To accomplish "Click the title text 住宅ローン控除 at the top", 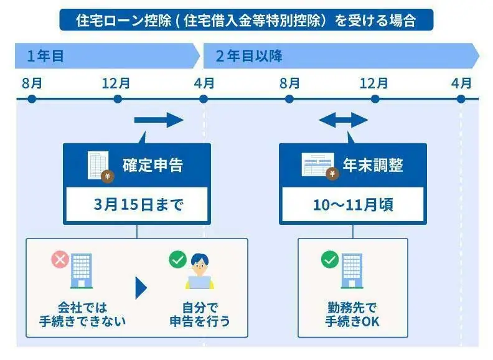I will click(x=247, y=20).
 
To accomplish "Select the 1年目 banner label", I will click(x=45, y=57).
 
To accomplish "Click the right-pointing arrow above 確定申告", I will click(x=159, y=120).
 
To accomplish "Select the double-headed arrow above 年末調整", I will click(x=344, y=120).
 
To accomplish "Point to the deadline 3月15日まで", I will click(x=137, y=205).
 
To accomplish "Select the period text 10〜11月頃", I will click(x=353, y=205).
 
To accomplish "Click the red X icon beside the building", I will click(x=60, y=260).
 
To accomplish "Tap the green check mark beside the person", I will click(x=177, y=259).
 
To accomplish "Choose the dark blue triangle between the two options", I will click(x=141, y=287).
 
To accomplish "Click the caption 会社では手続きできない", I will click(x=82, y=315).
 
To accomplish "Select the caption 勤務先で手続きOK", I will click(x=352, y=315).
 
